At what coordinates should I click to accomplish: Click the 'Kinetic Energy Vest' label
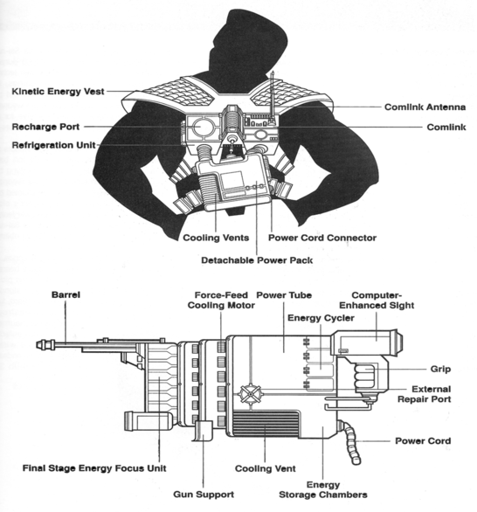pos(64,91)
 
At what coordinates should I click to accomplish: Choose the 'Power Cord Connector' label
pos(321,238)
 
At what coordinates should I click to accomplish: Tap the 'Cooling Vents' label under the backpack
pos(216,238)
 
